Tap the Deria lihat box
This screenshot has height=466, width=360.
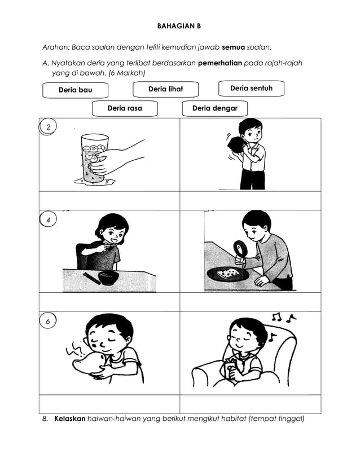[165, 89]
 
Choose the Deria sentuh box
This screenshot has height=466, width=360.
[251, 89]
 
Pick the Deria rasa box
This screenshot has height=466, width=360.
[125, 108]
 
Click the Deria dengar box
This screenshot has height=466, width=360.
[214, 108]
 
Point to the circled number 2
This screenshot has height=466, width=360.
[49, 128]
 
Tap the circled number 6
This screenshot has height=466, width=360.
[49, 321]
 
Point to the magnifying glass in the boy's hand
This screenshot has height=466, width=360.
[240, 248]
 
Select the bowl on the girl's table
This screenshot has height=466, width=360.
[108, 278]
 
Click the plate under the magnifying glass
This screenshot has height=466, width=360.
[229, 274]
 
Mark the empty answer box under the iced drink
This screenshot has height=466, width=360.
[109, 200]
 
